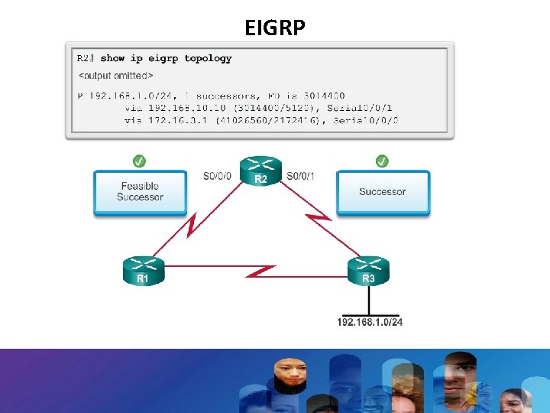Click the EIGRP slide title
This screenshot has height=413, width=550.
(x=275, y=28)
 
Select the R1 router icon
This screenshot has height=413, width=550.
(x=143, y=271)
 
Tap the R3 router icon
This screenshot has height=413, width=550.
(x=368, y=270)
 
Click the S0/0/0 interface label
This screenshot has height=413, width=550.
(x=218, y=177)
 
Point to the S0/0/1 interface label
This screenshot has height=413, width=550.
(x=300, y=177)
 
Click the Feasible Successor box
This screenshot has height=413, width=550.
(x=140, y=192)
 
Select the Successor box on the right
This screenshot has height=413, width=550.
(x=383, y=192)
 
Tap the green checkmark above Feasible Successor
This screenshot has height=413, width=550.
(x=140, y=161)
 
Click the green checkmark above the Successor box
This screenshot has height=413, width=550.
(x=383, y=161)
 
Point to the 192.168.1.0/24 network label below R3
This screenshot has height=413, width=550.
(x=370, y=322)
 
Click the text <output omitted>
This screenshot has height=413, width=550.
(x=115, y=75)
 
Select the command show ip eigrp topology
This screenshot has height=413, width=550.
(x=166, y=58)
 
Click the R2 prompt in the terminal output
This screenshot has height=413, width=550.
(x=85, y=58)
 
